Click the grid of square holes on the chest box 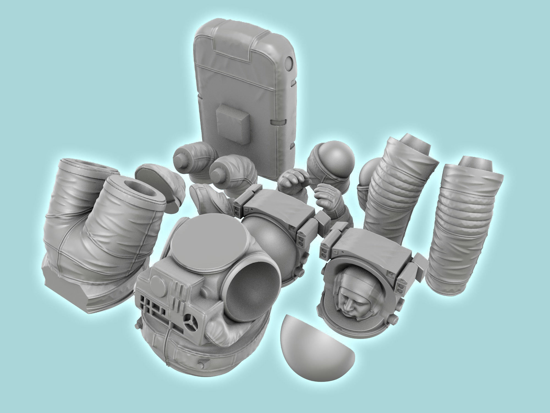point(154,306)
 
